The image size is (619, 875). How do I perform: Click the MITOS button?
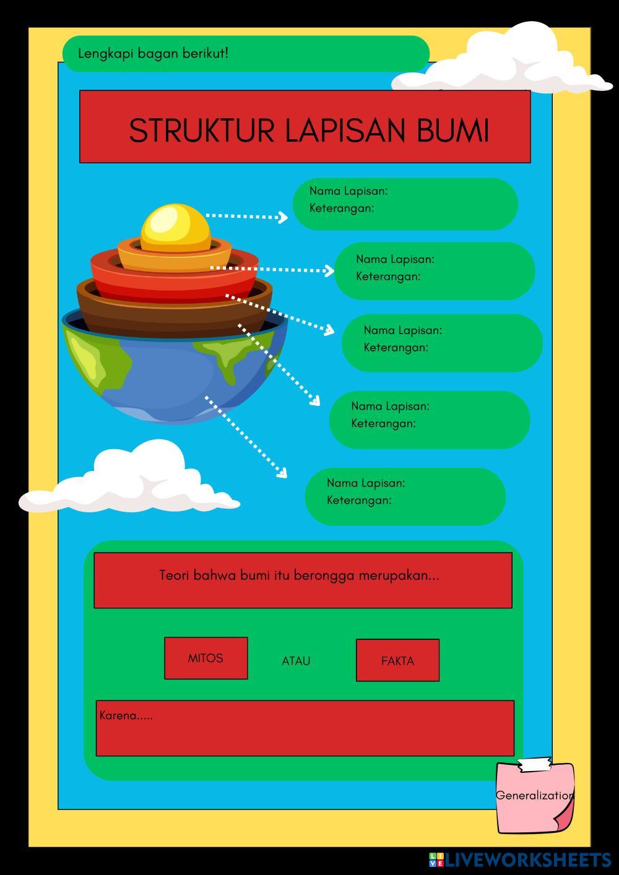(x=206, y=658)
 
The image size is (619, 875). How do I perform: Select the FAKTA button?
(x=397, y=661)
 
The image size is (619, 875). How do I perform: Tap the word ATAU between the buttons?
(x=296, y=661)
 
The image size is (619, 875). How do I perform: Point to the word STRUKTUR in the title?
(x=202, y=131)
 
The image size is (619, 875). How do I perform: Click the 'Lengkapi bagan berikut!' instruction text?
(x=153, y=53)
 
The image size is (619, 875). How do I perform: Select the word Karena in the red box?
(x=118, y=716)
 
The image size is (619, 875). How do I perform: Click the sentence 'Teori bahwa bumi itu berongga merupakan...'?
(x=299, y=575)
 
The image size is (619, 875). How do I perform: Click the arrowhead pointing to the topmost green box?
(x=283, y=217)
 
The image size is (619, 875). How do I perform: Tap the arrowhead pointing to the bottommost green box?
(x=282, y=473)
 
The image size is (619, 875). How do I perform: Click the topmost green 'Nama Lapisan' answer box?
(x=405, y=204)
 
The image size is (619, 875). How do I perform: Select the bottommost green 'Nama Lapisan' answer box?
(x=405, y=497)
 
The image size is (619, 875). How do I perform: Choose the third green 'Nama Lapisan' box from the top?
(x=442, y=343)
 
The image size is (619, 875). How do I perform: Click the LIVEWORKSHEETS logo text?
(x=526, y=860)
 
